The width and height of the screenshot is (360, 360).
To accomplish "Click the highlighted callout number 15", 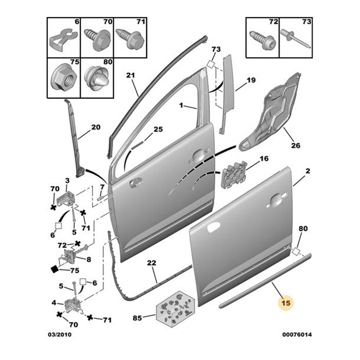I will [x=286, y=303].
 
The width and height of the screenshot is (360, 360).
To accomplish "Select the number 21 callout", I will [x=131, y=76].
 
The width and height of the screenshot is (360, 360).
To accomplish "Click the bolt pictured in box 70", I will [x=97, y=38].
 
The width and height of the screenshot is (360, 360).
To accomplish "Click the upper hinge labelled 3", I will [x=66, y=197].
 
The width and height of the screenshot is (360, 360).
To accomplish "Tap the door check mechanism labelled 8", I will [x=71, y=257].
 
